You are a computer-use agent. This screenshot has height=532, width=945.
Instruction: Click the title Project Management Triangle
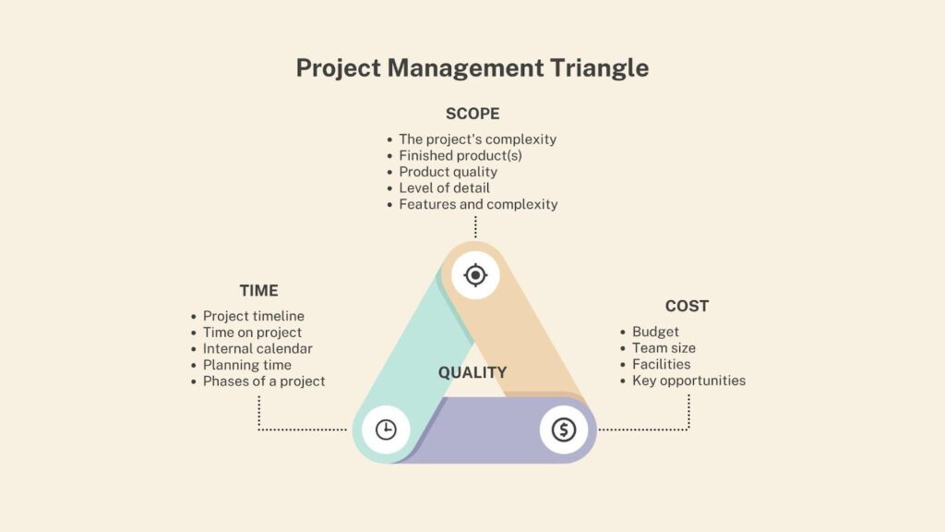[x=472, y=68]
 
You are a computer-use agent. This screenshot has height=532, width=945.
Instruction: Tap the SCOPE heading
[x=472, y=114]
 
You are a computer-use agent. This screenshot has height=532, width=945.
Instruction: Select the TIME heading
[x=259, y=290]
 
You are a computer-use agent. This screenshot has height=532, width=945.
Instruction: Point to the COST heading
[x=687, y=306]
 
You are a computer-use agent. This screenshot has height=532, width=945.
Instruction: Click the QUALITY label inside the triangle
[x=472, y=372]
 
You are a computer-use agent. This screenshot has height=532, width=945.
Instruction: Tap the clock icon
[x=386, y=429]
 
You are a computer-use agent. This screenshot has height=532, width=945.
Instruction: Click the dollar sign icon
[x=564, y=429]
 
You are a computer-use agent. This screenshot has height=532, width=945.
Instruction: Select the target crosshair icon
[x=475, y=275]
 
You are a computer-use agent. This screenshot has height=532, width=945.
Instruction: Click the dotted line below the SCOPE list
[x=475, y=227]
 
